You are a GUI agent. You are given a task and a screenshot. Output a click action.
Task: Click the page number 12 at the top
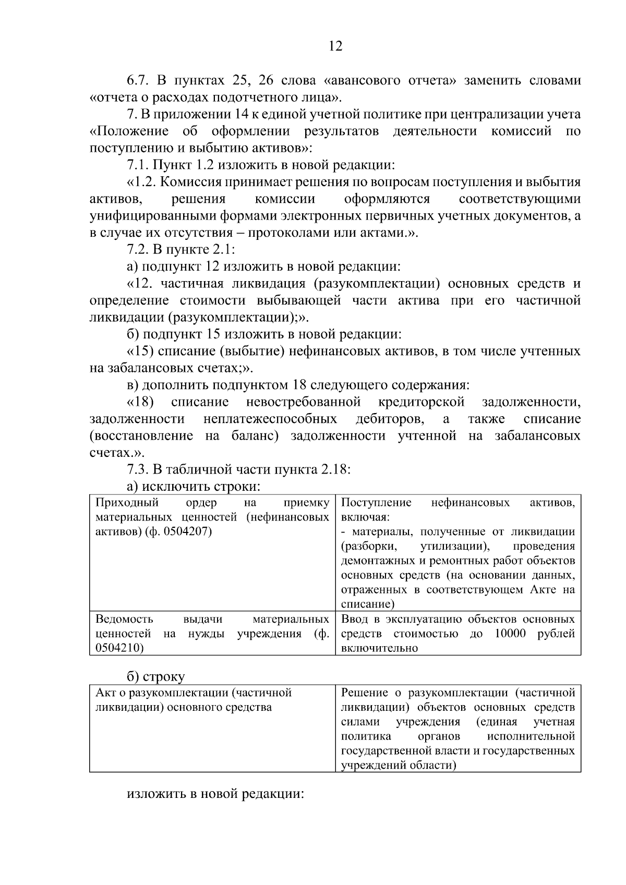(335, 46)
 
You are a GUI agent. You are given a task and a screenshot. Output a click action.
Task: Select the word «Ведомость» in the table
(125, 619)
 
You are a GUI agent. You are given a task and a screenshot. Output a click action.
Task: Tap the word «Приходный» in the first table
(127, 503)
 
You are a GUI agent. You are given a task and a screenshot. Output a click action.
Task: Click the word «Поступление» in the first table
(376, 503)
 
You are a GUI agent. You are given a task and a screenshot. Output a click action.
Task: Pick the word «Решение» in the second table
(364, 693)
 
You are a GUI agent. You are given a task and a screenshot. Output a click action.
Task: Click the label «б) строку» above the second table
(156, 677)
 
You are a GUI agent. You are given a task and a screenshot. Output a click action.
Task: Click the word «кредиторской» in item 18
(421, 402)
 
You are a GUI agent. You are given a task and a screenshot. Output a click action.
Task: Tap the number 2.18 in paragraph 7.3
(333, 469)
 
